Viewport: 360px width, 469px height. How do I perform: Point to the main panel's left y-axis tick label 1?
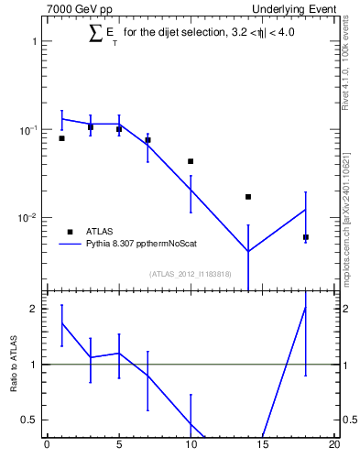coord(34,42)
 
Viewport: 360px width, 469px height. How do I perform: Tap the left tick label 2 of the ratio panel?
coord(34,309)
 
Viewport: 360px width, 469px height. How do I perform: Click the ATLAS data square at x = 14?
coord(248,197)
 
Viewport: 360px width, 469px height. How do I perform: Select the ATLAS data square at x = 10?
coord(191,161)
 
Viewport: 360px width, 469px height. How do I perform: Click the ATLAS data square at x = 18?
coord(306,237)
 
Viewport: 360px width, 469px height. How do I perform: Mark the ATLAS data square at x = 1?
coord(61,138)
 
